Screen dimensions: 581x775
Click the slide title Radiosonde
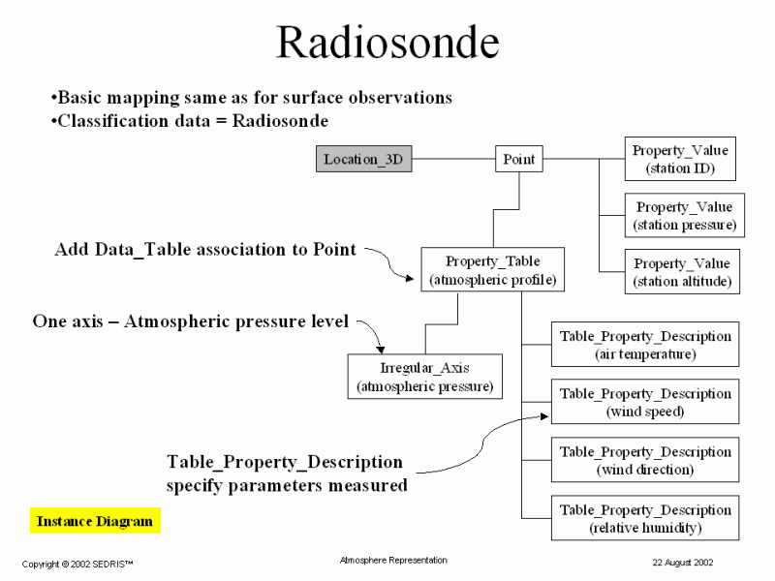pos(387,44)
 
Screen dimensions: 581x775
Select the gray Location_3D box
pos(363,160)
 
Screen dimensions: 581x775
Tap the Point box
pos(519,160)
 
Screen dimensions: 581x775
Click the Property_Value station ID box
pos(680,160)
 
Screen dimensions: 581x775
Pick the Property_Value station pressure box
pos(684,216)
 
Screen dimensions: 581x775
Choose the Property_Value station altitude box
pos(682,272)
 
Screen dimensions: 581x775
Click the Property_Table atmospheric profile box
pos(492,271)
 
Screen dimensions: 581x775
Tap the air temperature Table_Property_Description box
pos(645,345)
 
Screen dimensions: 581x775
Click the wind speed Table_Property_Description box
pos(645,402)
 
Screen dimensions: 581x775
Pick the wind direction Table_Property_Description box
pos(645,460)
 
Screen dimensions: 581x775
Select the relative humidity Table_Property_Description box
pos(645,518)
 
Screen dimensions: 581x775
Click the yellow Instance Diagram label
pos(95,522)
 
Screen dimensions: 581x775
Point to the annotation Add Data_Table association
pos(205,250)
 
